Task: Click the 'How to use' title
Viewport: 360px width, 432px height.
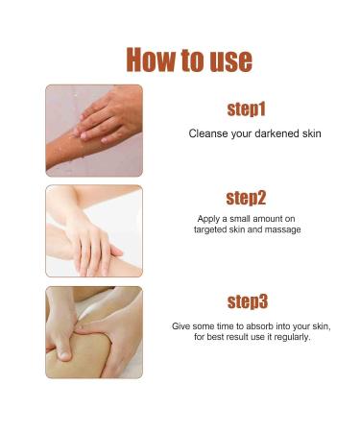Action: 189,60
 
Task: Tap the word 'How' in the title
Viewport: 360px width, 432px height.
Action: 149,60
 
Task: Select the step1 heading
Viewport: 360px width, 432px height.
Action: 247,108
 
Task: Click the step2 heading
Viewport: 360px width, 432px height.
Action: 247,199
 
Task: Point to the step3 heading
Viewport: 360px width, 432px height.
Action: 247,301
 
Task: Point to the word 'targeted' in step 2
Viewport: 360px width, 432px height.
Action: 211,229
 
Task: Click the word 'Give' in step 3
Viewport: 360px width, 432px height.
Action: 181,325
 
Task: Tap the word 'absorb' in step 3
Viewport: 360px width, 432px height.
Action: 253,325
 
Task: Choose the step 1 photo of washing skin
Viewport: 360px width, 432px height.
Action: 93,130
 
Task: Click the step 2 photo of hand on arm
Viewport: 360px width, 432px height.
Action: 93,230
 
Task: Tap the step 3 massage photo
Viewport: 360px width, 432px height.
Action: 93,332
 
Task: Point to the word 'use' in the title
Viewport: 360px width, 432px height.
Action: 228,60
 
